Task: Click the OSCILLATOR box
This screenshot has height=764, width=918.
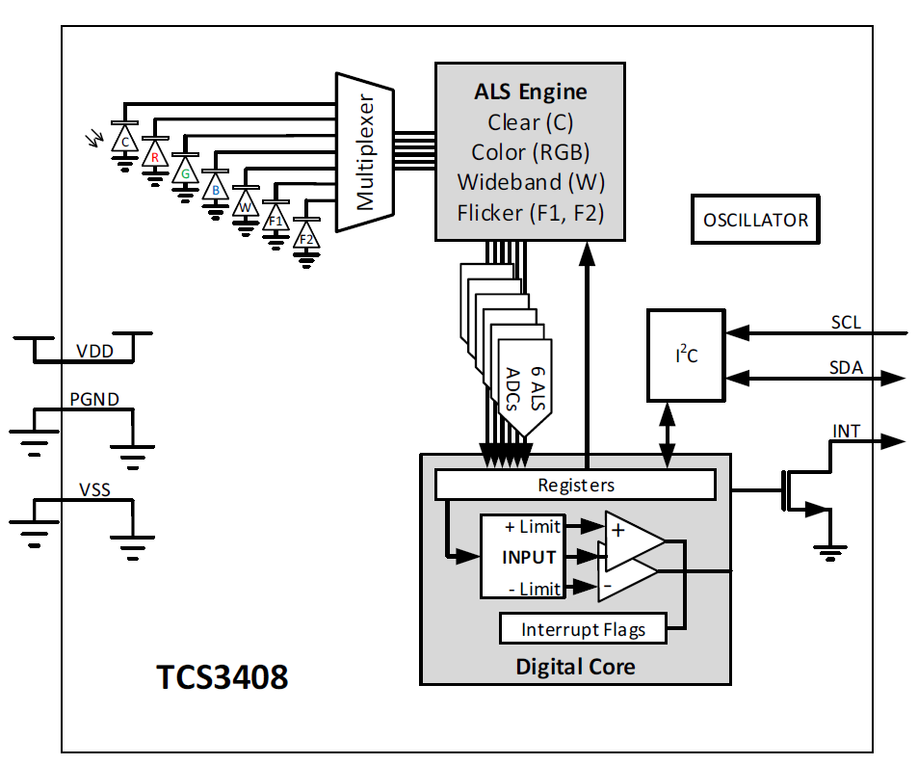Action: point(755,220)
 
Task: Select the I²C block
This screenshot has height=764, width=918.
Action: point(686,355)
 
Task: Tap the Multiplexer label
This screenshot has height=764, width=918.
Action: point(365,152)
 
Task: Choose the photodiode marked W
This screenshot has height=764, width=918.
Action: point(246,205)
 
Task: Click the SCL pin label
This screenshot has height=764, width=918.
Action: point(846,322)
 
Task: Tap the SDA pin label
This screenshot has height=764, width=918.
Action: point(846,368)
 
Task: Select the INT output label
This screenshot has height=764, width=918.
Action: point(846,430)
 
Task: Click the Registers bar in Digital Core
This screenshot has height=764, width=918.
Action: point(575,485)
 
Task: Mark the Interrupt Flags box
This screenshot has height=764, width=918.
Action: point(583,630)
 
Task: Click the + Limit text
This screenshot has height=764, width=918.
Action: point(531,527)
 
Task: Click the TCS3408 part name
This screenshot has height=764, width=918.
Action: point(223,676)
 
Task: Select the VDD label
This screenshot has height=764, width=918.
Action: point(94,352)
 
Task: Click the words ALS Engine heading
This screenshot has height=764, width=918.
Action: point(530,92)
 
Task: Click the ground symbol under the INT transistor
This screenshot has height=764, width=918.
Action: point(826,550)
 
